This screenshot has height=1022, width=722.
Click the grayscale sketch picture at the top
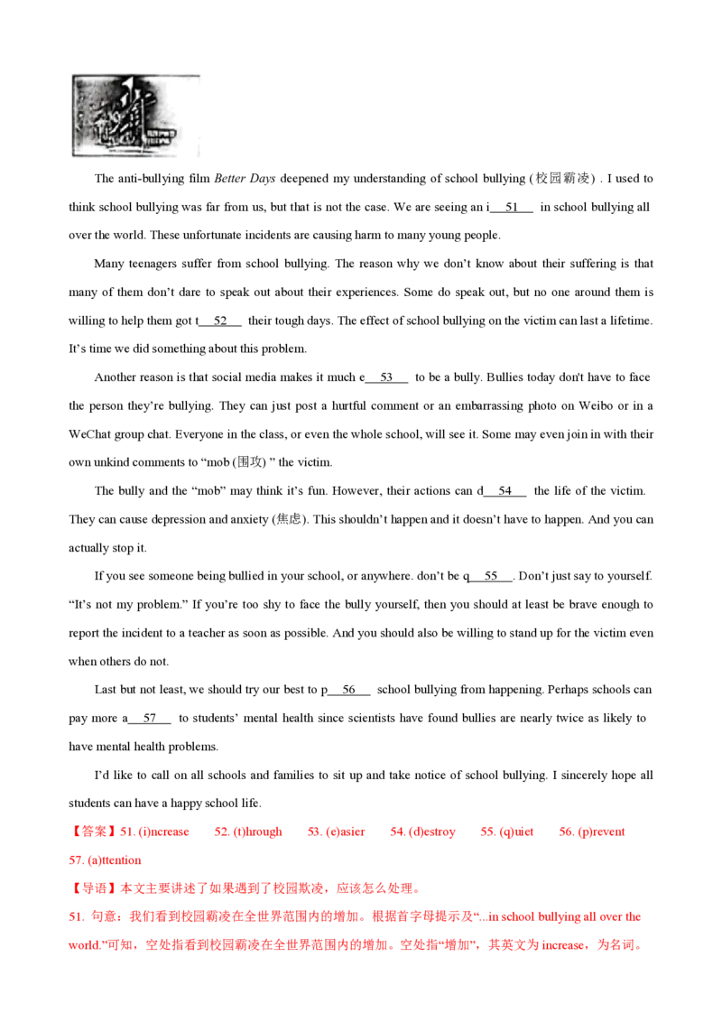136,115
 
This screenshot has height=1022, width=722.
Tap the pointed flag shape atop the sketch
125,87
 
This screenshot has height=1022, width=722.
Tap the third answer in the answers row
335,831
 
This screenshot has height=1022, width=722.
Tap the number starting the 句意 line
73,917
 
